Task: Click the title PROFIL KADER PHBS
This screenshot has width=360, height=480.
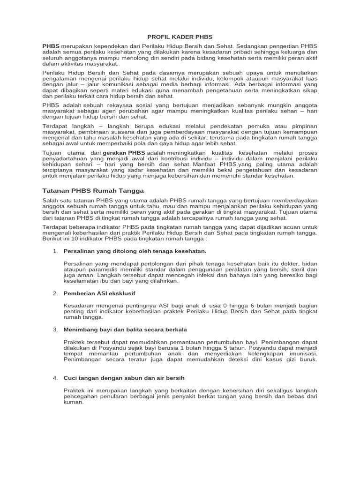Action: pos(180,36)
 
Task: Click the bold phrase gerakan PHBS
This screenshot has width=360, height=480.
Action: pos(124,153)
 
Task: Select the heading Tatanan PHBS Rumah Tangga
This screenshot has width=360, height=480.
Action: pos(93,191)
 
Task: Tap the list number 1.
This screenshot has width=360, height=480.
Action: pos(55,251)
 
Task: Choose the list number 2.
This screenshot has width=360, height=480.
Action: pos(55,293)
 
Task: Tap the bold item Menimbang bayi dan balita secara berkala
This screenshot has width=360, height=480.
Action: pos(125,330)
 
